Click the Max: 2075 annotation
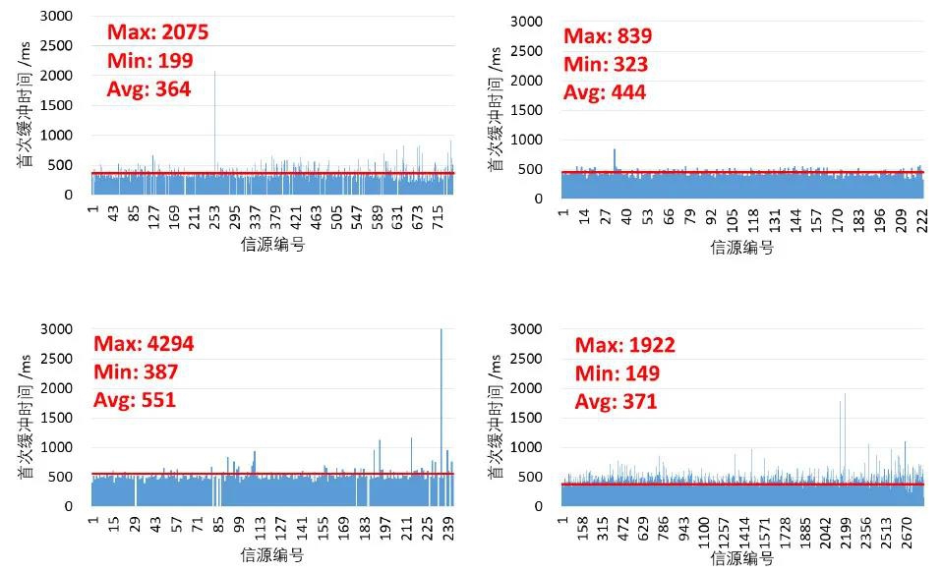(x=157, y=32)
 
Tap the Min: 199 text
(x=149, y=61)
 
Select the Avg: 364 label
(x=148, y=89)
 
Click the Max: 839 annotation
(x=607, y=36)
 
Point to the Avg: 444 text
(x=604, y=92)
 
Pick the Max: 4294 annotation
(x=144, y=344)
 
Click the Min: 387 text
(x=136, y=372)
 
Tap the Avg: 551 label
(x=135, y=401)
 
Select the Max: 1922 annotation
(x=624, y=346)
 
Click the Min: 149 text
(x=617, y=373)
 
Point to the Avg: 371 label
(x=616, y=402)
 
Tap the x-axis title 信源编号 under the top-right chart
(x=742, y=248)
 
